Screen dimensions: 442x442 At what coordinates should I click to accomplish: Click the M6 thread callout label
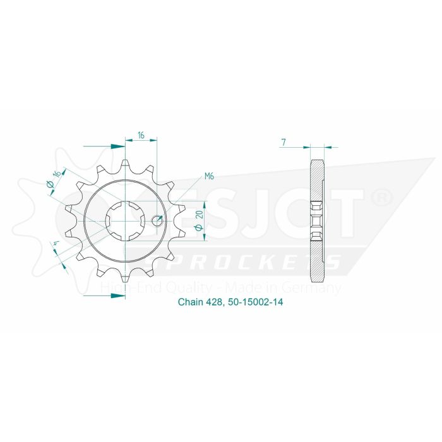209,176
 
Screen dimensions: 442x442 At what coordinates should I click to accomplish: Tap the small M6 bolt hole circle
158,220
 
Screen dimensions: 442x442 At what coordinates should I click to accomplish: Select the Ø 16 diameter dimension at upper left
54,179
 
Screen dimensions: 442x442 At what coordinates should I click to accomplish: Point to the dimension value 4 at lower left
57,244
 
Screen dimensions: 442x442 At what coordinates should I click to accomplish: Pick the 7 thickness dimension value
284,143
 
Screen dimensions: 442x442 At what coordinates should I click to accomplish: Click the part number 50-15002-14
256,302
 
